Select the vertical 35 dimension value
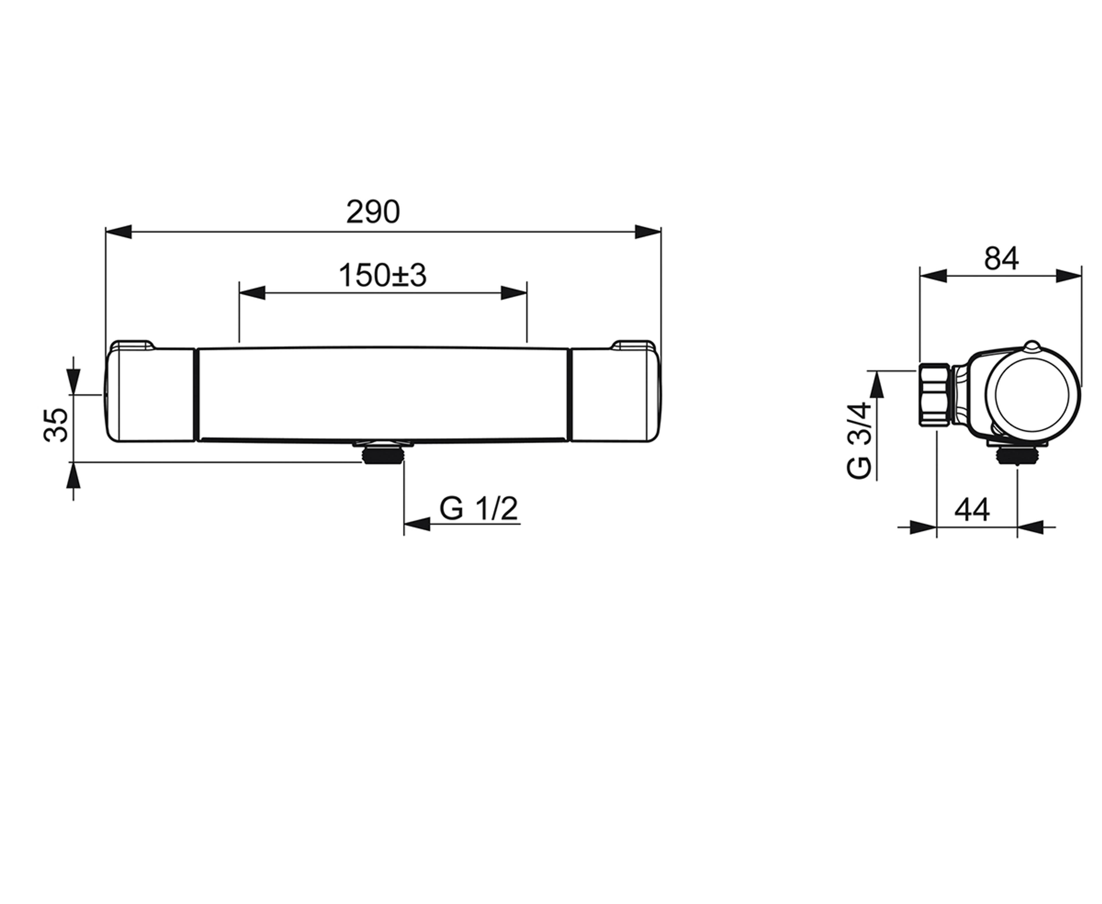[x=56, y=425]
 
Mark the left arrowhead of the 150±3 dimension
[x=252, y=293]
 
